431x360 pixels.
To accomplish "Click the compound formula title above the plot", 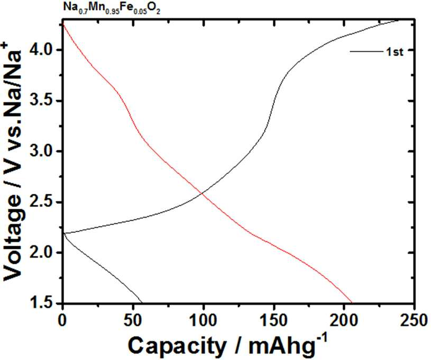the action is [112, 8].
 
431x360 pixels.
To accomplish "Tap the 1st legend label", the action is [395, 52].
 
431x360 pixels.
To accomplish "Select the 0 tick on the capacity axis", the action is [63, 321].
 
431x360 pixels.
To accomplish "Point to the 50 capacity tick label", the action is [133, 321].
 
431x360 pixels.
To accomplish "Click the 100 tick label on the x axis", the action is [204, 321].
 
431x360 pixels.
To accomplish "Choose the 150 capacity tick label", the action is [273, 321].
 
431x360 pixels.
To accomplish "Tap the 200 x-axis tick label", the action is [344, 321].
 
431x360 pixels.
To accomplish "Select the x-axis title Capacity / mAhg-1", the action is [228, 345].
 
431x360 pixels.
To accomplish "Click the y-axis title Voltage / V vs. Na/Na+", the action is [12, 161].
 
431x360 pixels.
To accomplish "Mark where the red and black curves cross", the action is [203, 194].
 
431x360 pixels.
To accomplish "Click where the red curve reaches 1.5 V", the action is [352, 303].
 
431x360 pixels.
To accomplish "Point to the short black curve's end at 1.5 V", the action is [142, 303].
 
